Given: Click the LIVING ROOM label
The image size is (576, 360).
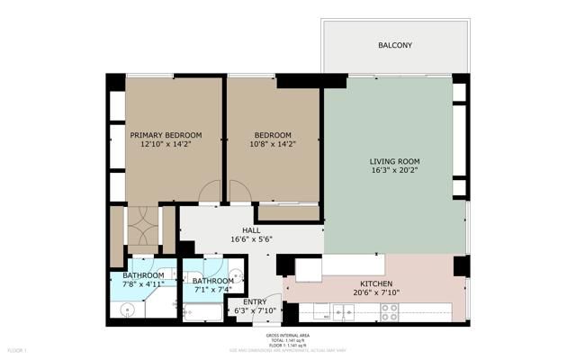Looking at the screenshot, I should pyautogui.click(x=394, y=162).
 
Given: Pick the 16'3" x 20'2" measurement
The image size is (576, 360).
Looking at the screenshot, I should pyautogui.click(x=394, y=172).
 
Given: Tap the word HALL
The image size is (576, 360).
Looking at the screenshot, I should pyautogui.click(x=238, y=230).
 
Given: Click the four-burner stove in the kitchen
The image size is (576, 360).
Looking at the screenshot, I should pyautogui.click(x=389, y=311).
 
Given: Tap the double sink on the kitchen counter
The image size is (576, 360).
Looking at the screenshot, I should pyautogui.click(x=343, y=311).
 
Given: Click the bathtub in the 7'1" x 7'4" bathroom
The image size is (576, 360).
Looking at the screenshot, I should pyautogui.click(x=203, y=312).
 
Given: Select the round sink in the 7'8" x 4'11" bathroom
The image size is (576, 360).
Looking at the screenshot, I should pyautogui.click(x=127, y=310).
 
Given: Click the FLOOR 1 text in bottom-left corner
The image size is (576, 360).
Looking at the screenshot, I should pyautogui.click(x=18, y=349).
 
